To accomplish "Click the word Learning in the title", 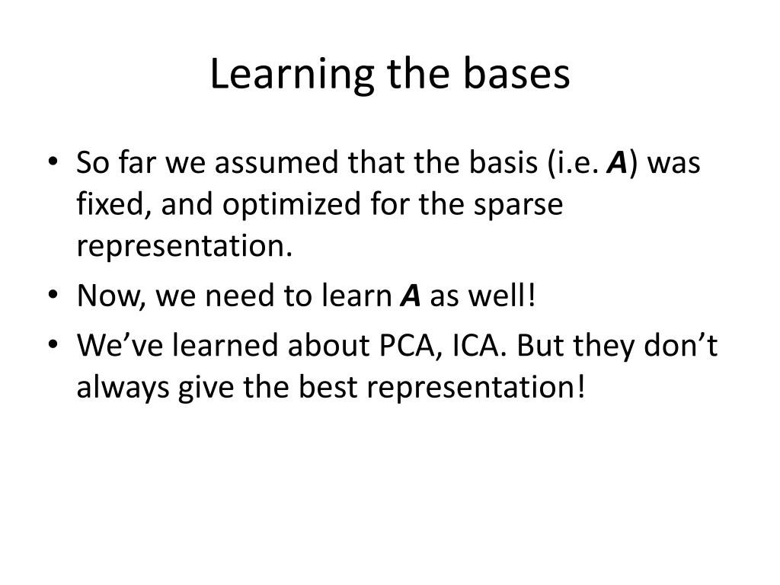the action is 292,75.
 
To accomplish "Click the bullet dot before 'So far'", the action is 53,161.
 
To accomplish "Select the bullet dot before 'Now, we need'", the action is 53,295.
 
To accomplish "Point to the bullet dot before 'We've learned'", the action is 53,344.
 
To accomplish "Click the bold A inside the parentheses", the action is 617,163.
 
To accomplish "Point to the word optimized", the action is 292,205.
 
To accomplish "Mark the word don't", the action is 680,344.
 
